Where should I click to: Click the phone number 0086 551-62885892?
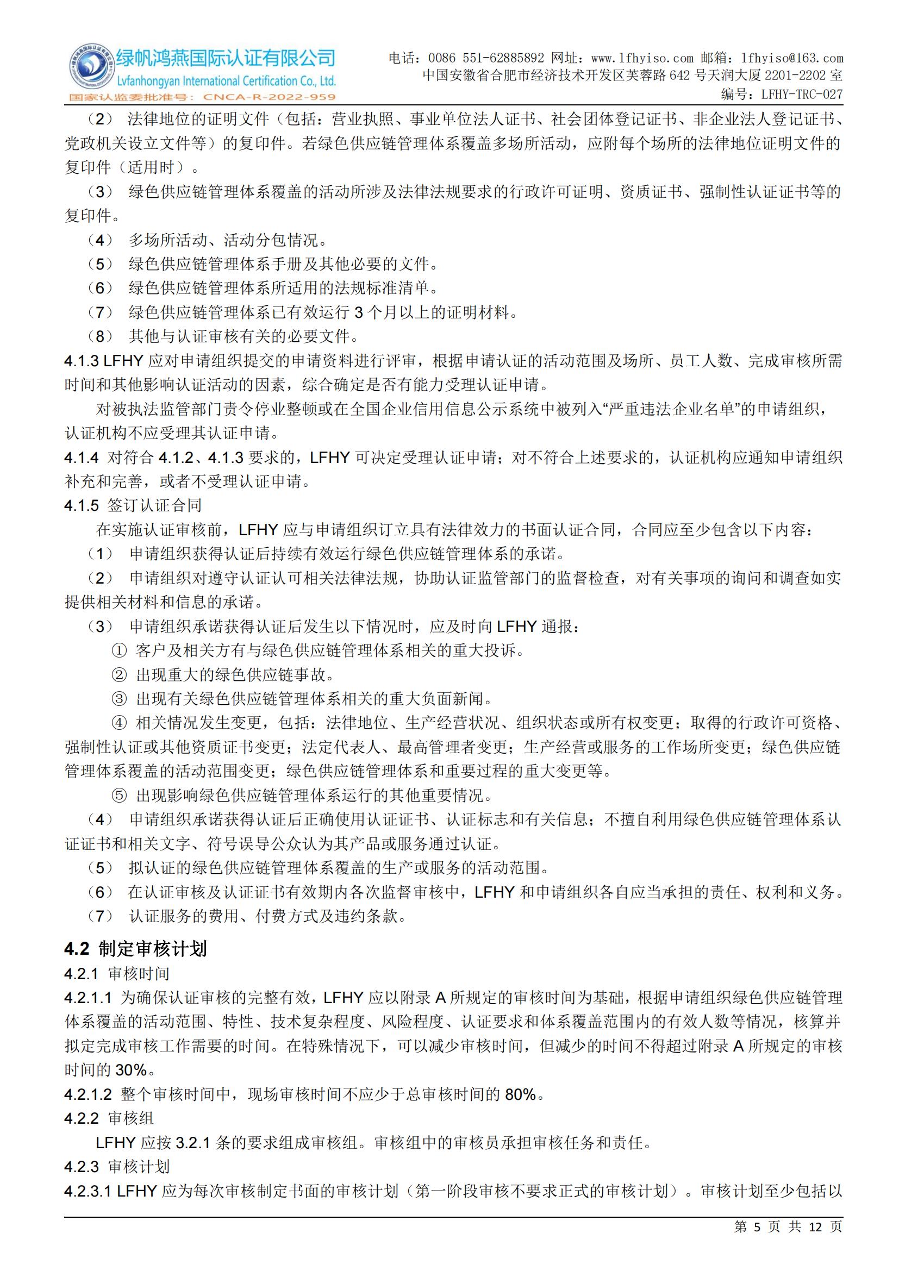pyautogui.click(x=486, y=58)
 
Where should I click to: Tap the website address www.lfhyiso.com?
pyautogui.click(x=642, y=58)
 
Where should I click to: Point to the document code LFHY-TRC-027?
pyautogui.click(x=802, y=94)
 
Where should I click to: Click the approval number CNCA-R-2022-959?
pyautogui.click(x=270, y=97)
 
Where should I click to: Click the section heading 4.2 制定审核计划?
pyautogui.click(x=136, y=949)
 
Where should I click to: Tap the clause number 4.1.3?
pyautogui.click(x=82, y=361)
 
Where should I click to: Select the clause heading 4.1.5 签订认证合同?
pyautogui.click(x=133, y=505)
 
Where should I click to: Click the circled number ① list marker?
pyautogui.click(x=119, y=650)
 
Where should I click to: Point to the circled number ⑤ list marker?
pyautogui.click(x=119, y=796)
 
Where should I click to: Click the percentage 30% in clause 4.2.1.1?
pyautogui.click(x=130, y=1070)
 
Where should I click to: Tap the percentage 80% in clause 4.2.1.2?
pyautogui.click(x=520, y=1094)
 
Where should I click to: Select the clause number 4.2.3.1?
pyautogui.click(x=88, y=1191)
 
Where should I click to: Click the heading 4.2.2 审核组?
pyautogui.click(x=109, y=1118)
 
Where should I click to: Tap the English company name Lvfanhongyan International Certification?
pyautogui.click(x=226, y=82)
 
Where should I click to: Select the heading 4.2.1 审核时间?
pyautogui.click(x=117, y=974)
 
